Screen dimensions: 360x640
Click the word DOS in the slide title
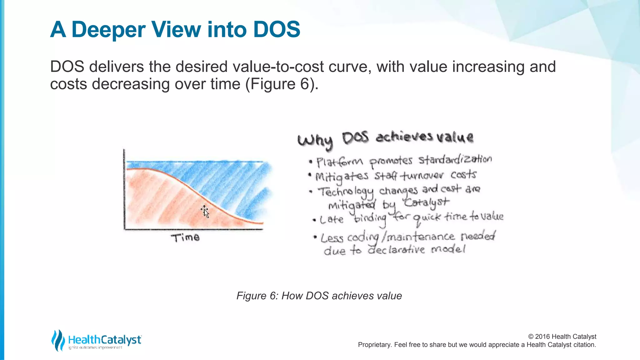tap(277, 29)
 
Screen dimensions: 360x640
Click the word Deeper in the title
tap(108, 30)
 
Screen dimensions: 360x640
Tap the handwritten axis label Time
tap(185, 238)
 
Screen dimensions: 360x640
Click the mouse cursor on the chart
tap(205, 212)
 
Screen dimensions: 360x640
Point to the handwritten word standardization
tap(455, 160)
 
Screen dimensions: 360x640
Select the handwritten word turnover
tap(422, 176)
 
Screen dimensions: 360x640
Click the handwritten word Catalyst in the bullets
tap(426, 203)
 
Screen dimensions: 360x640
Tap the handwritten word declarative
tap(396, 250)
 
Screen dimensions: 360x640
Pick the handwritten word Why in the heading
tap(315, 141)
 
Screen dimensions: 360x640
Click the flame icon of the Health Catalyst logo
tap(58, 340)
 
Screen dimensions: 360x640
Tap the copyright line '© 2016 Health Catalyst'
tap(562, 337)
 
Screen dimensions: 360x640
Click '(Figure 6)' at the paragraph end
tap(282, 84)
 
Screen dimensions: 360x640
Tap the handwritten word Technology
tap(346, 192)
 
